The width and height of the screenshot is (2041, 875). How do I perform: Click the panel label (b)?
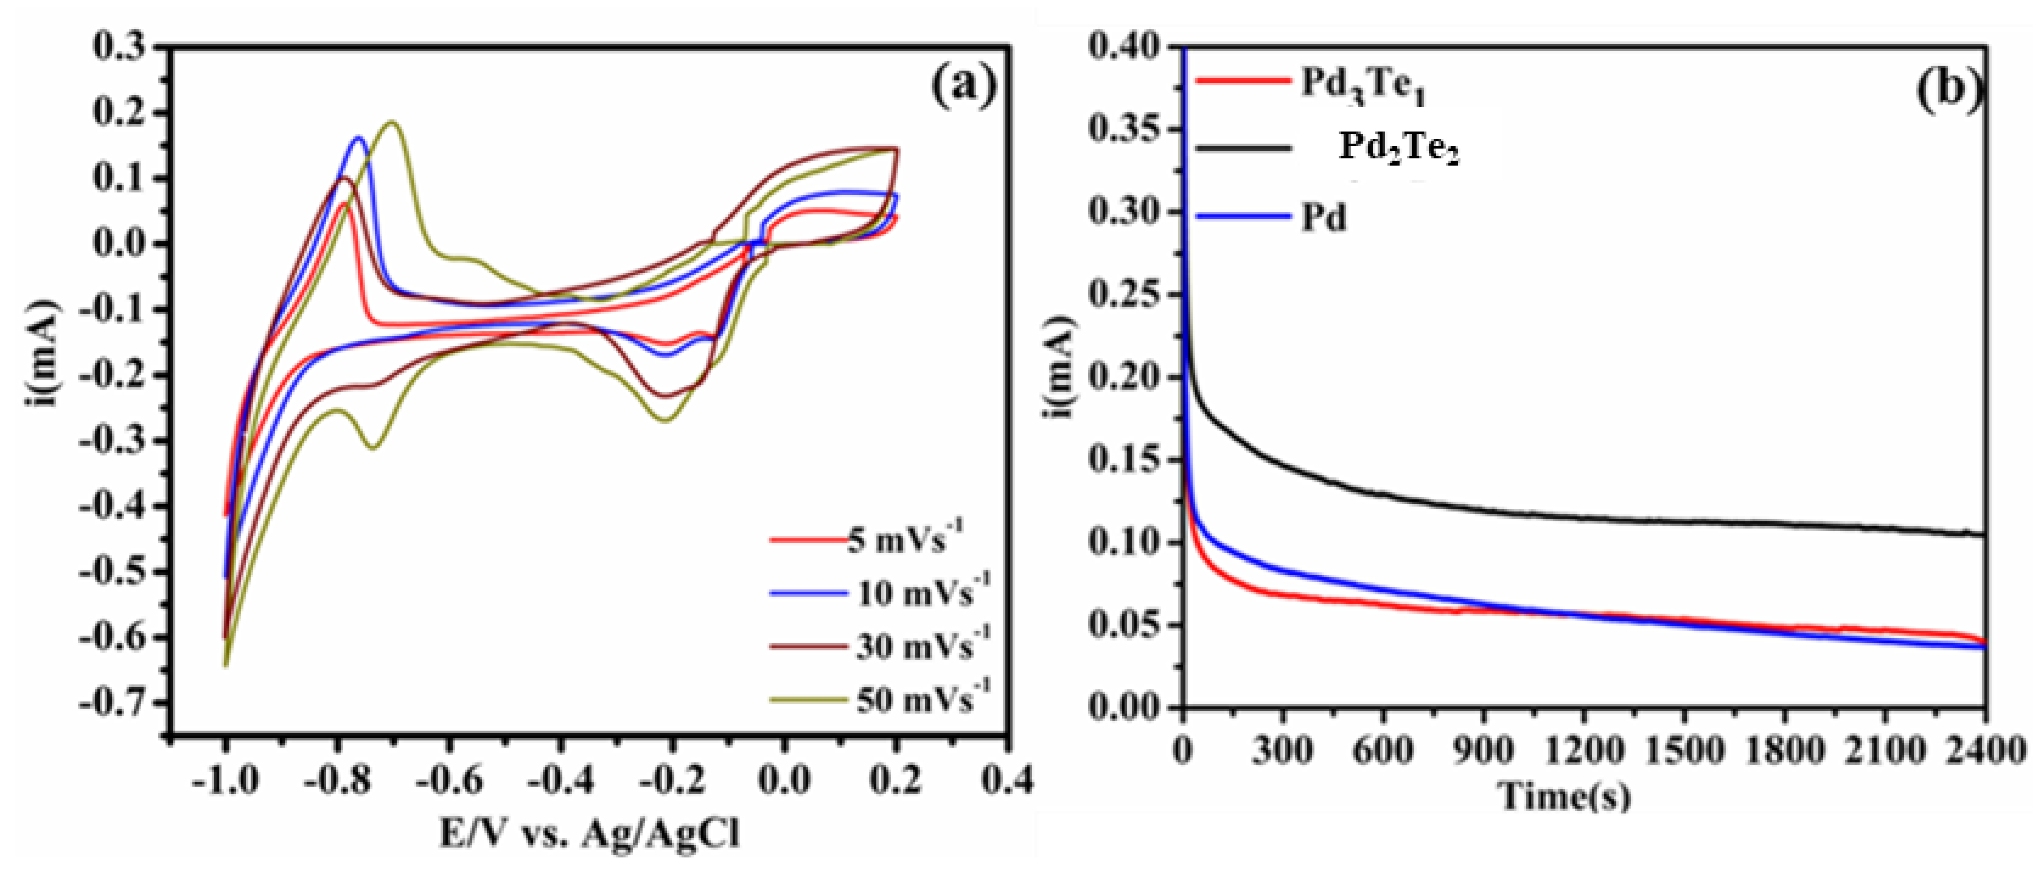(x=1950, y=87)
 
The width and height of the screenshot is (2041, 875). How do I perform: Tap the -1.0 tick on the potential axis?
(x=225, y=781)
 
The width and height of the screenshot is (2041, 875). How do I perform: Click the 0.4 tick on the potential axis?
(x=1007, y=781)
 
